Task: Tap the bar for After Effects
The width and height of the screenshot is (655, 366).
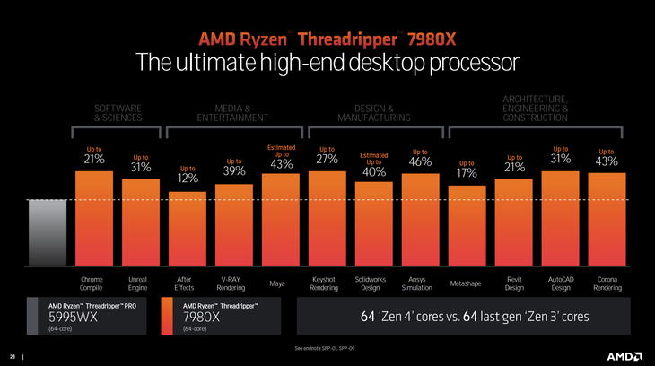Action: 188,229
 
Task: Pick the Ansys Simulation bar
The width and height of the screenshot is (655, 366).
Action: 420,220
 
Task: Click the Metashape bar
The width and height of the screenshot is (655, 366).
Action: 467,226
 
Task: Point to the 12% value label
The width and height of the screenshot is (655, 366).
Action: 188,179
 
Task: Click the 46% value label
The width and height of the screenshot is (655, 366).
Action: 420,162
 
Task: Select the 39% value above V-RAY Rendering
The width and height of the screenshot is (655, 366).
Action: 234,171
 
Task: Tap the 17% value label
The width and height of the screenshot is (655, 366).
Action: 467,173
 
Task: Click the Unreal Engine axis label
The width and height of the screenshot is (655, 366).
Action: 140,284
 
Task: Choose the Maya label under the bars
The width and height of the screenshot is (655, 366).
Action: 281,284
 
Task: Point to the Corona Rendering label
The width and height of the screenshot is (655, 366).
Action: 607,284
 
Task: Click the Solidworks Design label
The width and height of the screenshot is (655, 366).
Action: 373,284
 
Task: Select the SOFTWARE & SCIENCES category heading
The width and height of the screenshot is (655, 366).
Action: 118,112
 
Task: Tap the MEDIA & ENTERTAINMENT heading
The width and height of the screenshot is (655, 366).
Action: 234,112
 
